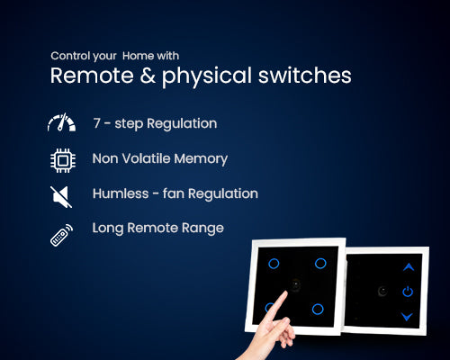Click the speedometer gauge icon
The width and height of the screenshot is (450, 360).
tap(61, 124)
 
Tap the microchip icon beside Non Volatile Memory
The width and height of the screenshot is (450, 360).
tap(61, 159)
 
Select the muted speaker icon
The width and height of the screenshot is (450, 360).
tap(61, 194)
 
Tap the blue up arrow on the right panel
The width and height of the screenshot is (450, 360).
tap(408, 267)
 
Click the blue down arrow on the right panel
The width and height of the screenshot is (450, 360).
tap(408, 316)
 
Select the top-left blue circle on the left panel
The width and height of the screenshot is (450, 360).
tap(274, 264)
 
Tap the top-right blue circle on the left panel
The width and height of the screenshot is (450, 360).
tap(320, 263)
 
